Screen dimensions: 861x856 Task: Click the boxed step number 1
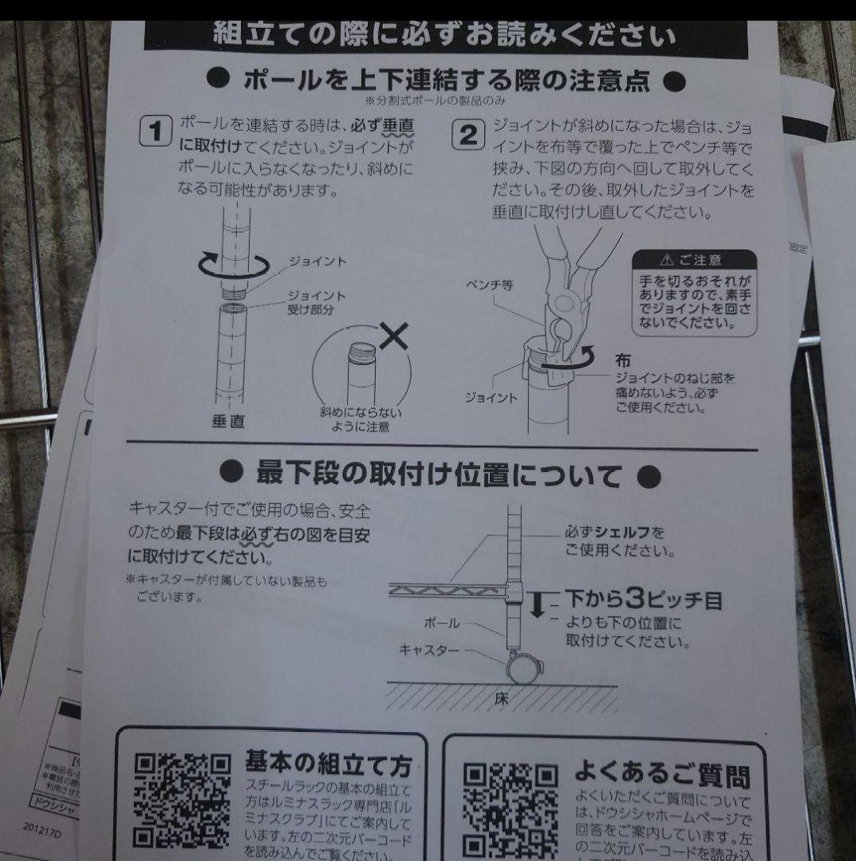coord(156,130)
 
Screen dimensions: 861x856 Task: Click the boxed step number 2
coord(468,133)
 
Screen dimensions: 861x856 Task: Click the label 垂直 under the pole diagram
coord(228,421)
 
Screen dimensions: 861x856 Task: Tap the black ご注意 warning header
coord(692,260)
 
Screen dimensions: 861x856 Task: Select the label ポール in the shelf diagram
coord(443,621)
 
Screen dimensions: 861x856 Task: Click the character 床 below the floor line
coord(501,699)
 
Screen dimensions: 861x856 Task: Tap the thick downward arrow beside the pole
coord(537,604)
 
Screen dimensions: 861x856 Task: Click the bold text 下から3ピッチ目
coord(643,600)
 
